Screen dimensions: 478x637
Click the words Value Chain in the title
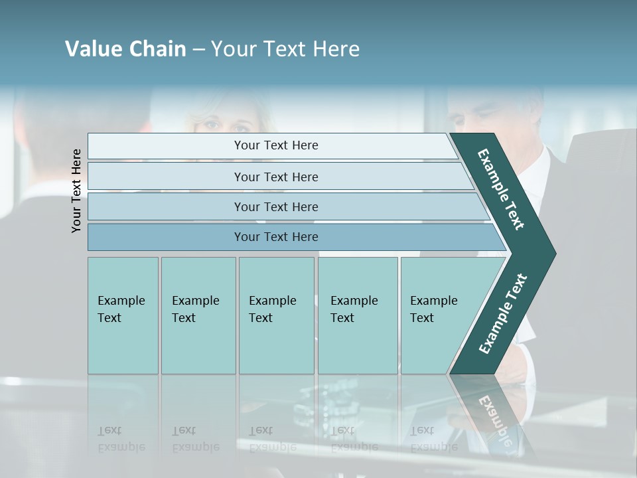(125, 49)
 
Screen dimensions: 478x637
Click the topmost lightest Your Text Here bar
(275, 145)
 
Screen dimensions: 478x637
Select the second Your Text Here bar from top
(275, 177)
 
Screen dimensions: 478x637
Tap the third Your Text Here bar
(275, 206)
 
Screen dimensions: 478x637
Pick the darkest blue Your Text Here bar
(275, 237)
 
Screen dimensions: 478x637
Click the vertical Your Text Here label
(76, 191)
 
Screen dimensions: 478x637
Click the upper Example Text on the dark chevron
(501, 190)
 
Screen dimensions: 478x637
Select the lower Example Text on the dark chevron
(502, 314)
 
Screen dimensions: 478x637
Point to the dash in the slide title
(198, 50)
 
